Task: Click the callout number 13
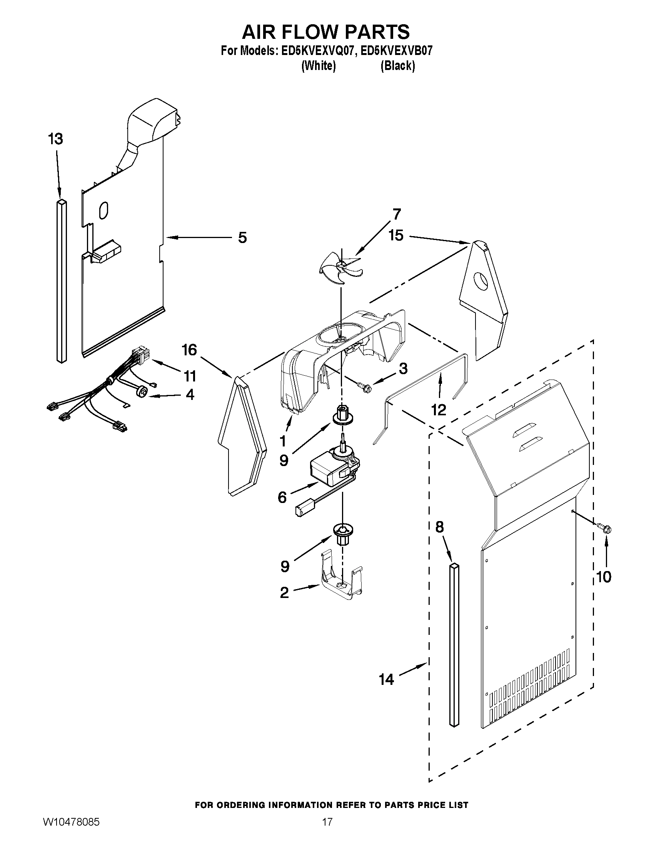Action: coord(56,139)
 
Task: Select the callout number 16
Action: coord(189,350)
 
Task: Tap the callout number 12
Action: coord(439,410)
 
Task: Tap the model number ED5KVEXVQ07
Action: coord(316,51)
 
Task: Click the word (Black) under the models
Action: coord(397,66)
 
